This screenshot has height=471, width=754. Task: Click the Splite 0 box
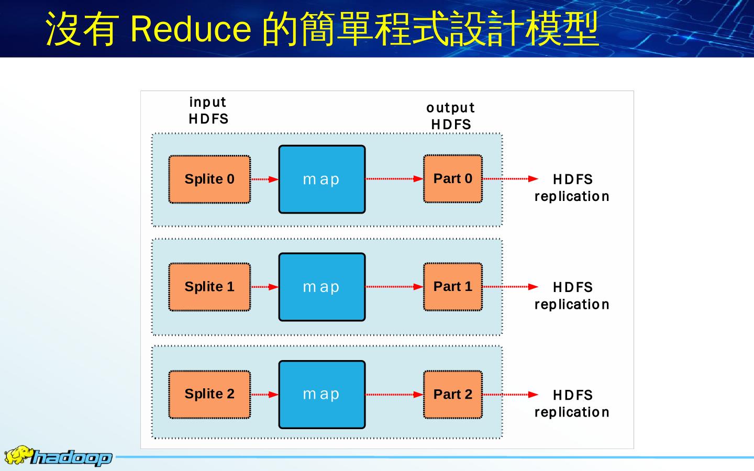point(209,179)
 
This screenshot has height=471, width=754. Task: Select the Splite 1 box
point(209,287)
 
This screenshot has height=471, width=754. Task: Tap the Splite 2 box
point(209,394)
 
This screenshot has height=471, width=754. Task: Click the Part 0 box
point(452,178)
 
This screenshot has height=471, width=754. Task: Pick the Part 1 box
point(452,286)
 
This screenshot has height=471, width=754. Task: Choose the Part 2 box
point(452,394)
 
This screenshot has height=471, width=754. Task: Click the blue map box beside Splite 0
point(321,179)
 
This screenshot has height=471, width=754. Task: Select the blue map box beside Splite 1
point(321,287)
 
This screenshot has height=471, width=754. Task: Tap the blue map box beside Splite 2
point(321,394)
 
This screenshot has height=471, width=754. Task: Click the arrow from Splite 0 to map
point(264,179)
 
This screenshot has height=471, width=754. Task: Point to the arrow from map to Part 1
point(394,287)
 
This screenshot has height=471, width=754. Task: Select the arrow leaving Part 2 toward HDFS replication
point(510,395)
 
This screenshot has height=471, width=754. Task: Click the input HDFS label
point(208,110)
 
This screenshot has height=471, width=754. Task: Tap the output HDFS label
point(450,116)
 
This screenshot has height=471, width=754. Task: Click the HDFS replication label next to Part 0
point(572,188)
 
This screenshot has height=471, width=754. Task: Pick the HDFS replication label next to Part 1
point(572,296)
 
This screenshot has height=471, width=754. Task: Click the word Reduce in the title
point(191,28)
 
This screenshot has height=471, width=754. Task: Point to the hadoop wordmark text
point(72,458)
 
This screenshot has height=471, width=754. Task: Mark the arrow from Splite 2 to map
point(264,395)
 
